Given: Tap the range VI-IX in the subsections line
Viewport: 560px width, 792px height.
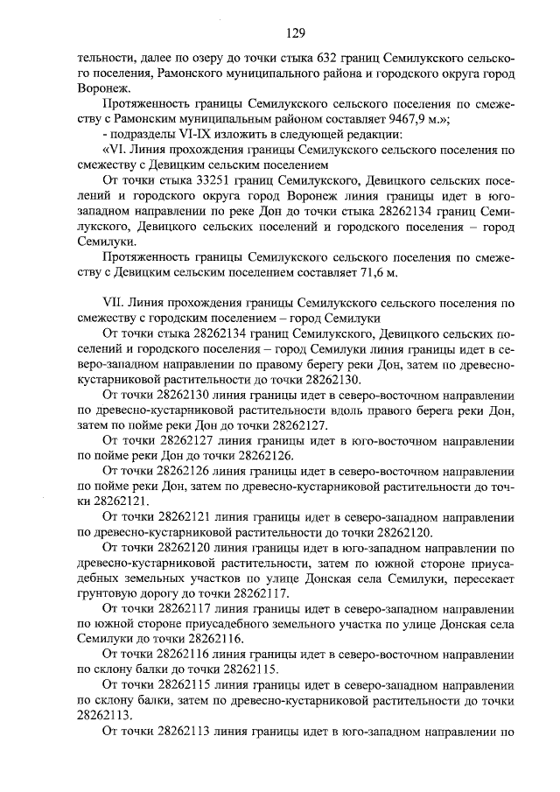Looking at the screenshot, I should (185, 135).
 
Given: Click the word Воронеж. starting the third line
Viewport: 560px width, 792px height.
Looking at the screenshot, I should (104, 88).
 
